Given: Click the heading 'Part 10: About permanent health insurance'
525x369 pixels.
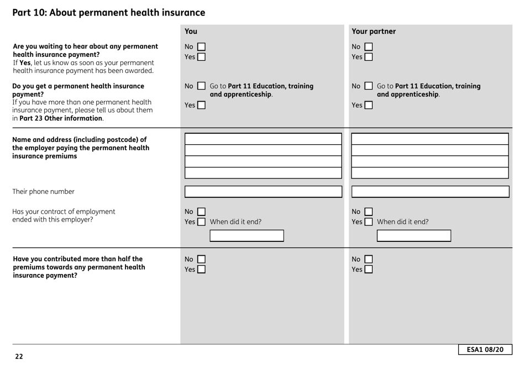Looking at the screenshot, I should click(x=109, y=12).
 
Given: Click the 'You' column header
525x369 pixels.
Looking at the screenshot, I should click(x=191, y=31).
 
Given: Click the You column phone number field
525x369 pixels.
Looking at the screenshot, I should click(x=263, y=192).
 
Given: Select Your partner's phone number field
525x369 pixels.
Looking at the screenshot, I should click(x=431, y=192).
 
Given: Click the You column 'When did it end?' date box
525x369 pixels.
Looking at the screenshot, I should click(x=246, y=236).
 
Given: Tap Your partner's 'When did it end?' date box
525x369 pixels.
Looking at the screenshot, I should click(x=414, y=236).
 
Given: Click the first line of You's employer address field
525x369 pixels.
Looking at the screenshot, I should click(x=263, y=139).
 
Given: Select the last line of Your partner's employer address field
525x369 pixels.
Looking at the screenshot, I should click(x=431, y=172).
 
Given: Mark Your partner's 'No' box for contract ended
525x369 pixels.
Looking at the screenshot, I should click(x=368, y=212).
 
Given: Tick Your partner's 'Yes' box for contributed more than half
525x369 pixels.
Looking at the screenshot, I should click(x=368, y=269).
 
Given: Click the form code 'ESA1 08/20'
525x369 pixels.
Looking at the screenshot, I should click(x=485, y=350).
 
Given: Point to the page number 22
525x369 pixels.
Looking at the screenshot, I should click(x=19, y=357).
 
